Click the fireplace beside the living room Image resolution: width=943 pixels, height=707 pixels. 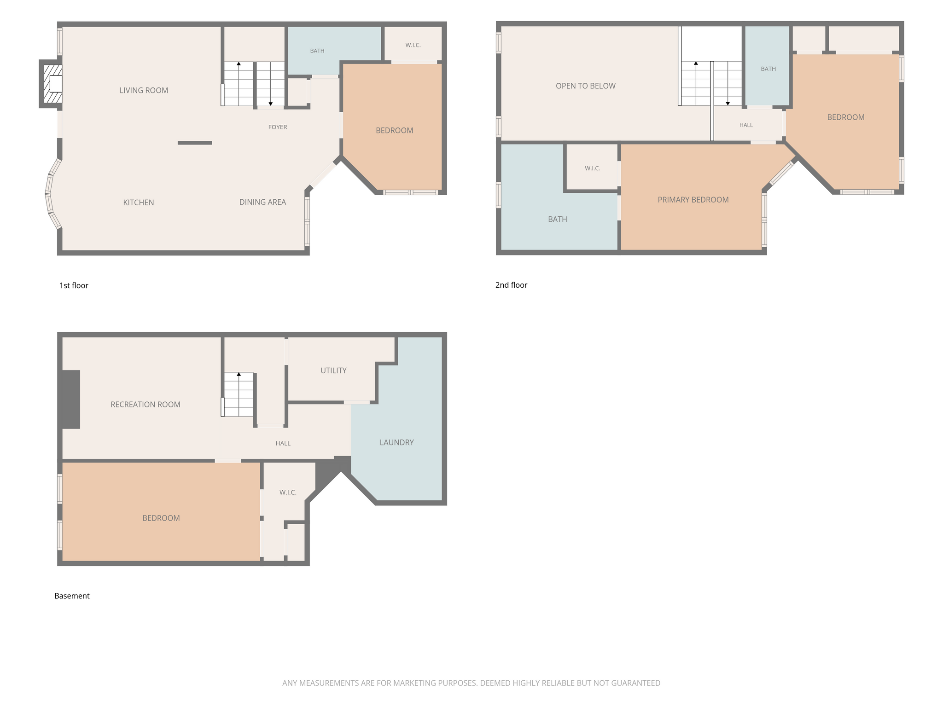click(x=51, y=84)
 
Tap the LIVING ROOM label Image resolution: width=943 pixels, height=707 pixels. click(x=144, y=91)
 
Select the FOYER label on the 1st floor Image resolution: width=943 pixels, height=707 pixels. click(x=278, y=127)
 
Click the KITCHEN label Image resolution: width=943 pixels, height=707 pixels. click(x=139, y=203)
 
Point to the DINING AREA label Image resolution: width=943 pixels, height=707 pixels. click(x=262, y=202)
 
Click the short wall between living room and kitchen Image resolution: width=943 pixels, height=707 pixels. click(x=195, y=143)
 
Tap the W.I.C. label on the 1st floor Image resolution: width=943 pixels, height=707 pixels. click(x=413, y=45)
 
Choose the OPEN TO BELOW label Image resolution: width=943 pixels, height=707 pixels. click(x=585, y=86)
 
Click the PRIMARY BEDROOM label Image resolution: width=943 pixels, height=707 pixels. click(x=693, y=200)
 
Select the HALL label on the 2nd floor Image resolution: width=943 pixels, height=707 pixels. click(x=746, y=125)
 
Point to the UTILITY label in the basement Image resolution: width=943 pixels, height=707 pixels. click(x=333, y=371)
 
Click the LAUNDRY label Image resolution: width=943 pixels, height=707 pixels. click(x=396, y=442)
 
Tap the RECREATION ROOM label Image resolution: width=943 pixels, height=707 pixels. click(x=146, y=405)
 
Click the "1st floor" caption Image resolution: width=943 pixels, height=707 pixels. click(x=74, y=285)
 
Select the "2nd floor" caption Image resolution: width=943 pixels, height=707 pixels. click(x=511, y=285)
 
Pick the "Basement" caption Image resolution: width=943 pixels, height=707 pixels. click(x=72, y=596)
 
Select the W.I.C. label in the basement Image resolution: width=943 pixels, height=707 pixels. click(x=288, y=493)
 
